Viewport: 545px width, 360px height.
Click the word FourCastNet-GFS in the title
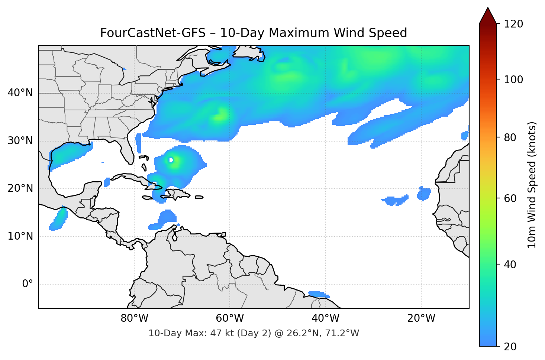[x=152, y=33]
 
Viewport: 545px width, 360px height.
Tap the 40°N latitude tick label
[x=20, y=93]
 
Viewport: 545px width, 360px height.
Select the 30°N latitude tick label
[x=20, y=141]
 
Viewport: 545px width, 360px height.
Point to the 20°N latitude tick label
[x=20, y=188]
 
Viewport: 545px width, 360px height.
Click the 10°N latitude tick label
[x=20, y=236]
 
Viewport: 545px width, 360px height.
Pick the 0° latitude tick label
[x=28, y=284]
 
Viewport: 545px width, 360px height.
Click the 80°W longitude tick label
[x=134, y=318]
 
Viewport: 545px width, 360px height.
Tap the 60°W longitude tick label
[x=230, y=318]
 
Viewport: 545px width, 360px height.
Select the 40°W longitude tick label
[x=325, y=318]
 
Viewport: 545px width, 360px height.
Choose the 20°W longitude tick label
[x=421, y=318]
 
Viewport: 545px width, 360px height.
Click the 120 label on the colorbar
[x=513, y=24]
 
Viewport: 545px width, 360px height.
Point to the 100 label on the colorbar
[x=513, y=80]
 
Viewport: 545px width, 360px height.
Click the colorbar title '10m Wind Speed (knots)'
[x=532, y=185]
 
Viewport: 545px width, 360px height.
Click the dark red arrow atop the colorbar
[x=488, y=16]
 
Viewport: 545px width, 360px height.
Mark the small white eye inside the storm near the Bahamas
[x=171, y=160]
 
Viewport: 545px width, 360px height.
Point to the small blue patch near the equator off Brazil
[x=319, y=294]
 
